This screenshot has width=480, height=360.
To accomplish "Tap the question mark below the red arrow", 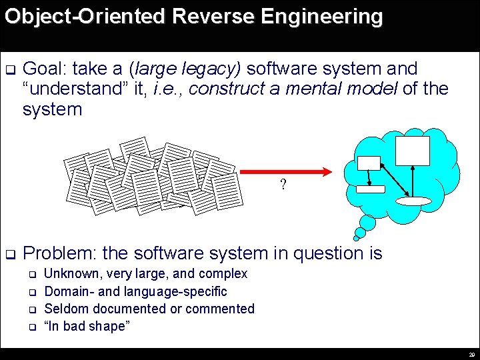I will pos(283,185).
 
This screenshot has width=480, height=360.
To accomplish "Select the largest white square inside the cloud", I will pos(412,151).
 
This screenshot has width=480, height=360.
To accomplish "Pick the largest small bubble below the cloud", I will pos(366,223).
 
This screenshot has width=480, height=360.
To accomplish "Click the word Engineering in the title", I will pos(319,16).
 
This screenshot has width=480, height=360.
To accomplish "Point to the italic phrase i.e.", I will pos(166,89).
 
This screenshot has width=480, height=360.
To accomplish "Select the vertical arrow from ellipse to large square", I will pos(414,181).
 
